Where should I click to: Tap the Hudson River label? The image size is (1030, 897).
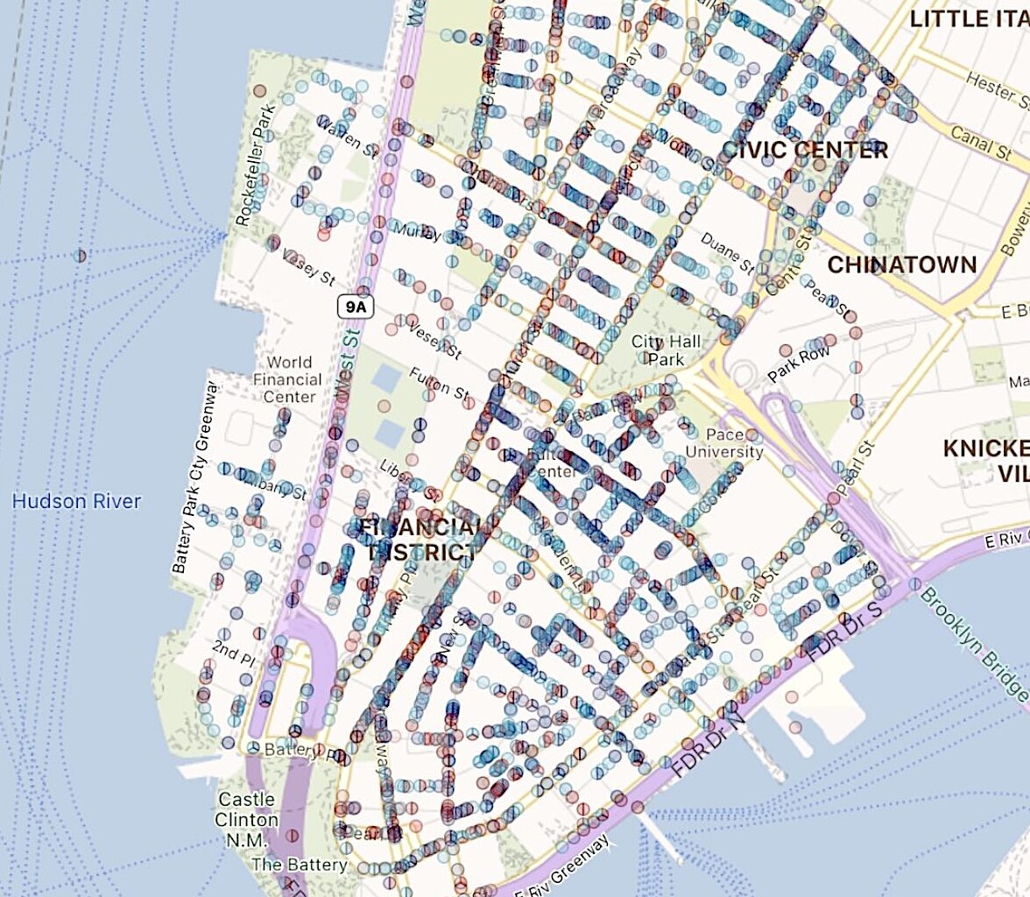(76, 502)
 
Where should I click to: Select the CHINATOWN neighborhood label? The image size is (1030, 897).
(902, 265)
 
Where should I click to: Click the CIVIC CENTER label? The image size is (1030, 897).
(804, 150)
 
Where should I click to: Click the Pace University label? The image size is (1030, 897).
(725, 443)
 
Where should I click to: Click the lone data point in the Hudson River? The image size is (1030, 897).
(81, 256)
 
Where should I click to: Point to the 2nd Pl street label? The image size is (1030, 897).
(233, 649)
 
